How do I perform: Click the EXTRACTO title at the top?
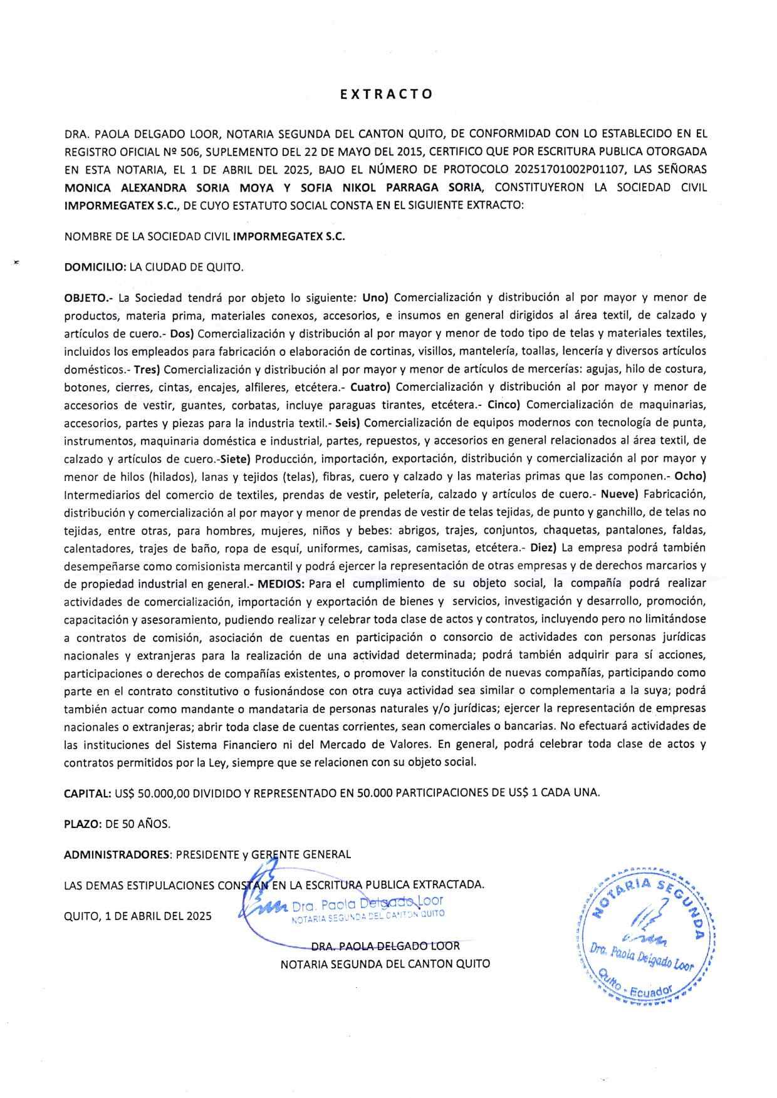tap(386, 95)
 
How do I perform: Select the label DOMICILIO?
tap(95, 267)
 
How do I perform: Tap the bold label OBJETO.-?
tap(88, 297)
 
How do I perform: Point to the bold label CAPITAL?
tap(88, 792)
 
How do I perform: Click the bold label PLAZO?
tap(83, 824)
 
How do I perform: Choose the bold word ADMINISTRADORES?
tap(117, 854)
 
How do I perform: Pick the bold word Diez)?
tap(543, 548)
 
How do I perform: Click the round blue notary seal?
tap(645, 934)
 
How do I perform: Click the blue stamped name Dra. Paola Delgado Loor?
tap(367, 904)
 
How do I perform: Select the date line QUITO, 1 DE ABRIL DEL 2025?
tap(138, 916)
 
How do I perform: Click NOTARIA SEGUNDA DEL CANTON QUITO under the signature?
tap(385, 964)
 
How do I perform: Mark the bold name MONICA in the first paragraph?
tap(88, 187)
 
